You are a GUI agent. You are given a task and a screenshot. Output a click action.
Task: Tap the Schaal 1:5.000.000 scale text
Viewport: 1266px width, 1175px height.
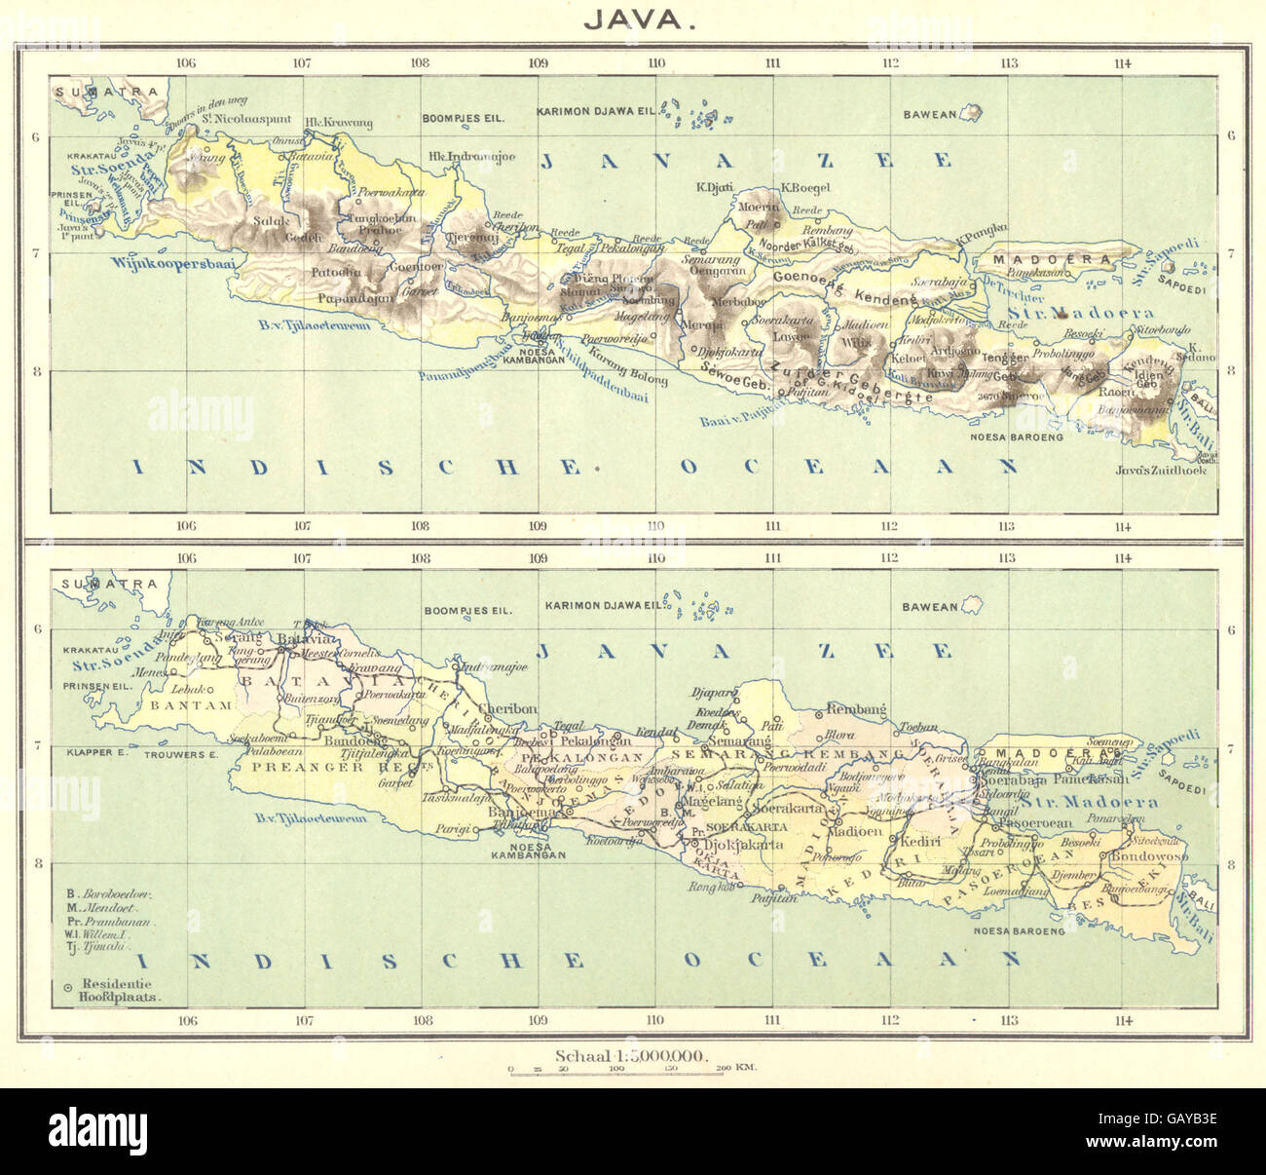[x=631, y=1054]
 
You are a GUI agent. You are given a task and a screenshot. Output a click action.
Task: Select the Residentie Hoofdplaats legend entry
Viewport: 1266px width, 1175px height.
[x=121, y=991]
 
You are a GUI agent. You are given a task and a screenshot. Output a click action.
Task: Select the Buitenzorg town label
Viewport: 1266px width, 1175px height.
[x=305, y=699]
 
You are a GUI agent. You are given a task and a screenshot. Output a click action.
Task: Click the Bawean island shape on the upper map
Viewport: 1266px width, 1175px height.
[x=971, y=113]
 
